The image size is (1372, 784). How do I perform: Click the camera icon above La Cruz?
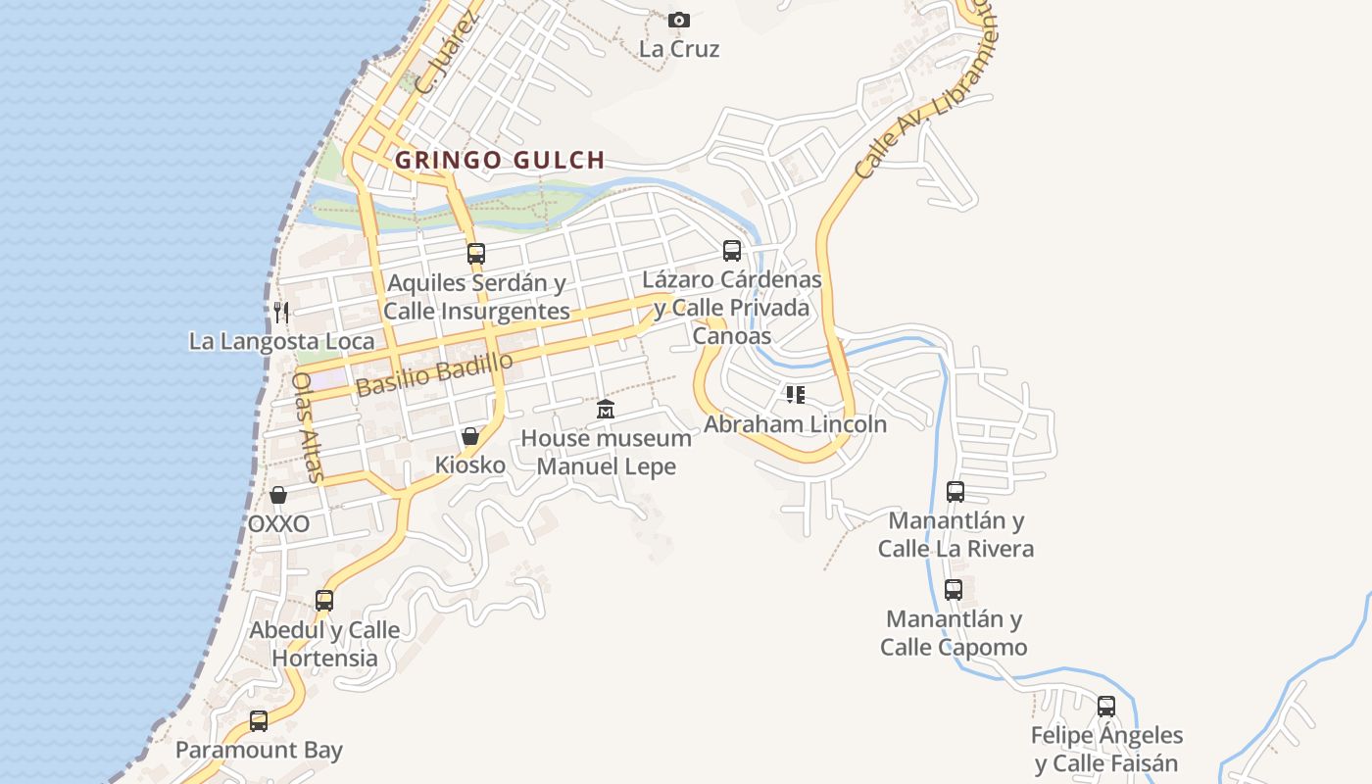(x=678, y=20)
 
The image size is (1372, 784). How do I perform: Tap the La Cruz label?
(x=679, y=49)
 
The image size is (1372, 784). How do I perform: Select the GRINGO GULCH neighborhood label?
(x=500, y=160)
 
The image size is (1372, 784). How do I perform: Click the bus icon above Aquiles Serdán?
(x=476, y=253)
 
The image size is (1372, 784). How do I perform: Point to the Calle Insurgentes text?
(x=476, y=312)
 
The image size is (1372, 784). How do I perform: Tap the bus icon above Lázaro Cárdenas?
(x=732, y=250)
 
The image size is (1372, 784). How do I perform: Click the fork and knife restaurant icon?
(x=281, y=313)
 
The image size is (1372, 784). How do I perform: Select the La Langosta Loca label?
(x=281, y=341)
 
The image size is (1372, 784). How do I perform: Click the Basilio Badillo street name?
(x=434, y=374)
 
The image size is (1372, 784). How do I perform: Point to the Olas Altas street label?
(x=308, y=426)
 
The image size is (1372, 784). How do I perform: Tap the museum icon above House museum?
(x=606, y=409)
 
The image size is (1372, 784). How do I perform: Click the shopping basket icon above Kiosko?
(x=470, y=436)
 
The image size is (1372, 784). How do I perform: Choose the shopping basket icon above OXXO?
(x=278, y=495)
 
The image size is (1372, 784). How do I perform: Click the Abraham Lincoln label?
(x=795, y=424)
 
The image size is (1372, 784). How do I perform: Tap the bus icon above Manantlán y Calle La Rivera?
(x=955, y=491)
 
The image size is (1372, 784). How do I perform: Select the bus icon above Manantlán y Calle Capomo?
(x=954, y=590)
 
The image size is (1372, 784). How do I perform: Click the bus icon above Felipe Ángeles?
(x=1106, y=706)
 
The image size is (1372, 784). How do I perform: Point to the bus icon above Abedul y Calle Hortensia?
(x=324, y=600)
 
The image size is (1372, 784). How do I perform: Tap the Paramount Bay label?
(x=259, y=751)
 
